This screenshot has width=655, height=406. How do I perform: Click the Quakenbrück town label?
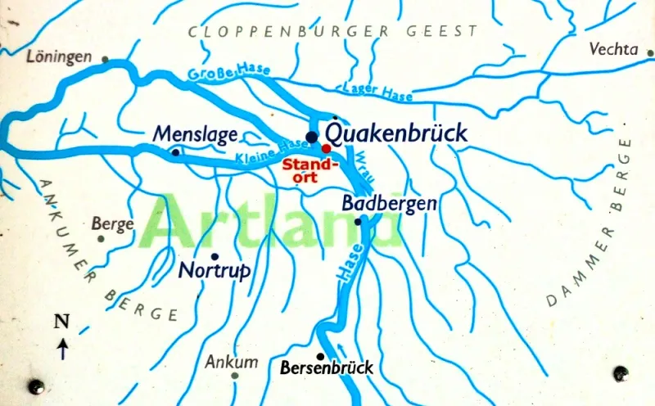[x=396, y=133]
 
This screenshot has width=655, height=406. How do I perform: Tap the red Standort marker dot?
[x=326, y=148]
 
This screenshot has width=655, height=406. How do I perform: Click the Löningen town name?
[x=58, y=58]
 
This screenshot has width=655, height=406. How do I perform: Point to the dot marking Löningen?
[x=105, y=59]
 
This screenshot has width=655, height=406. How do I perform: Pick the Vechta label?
[x=613, y=50]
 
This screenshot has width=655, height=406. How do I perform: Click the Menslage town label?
[x=196, y=133]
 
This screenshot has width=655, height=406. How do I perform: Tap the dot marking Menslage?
[x=175, y=151]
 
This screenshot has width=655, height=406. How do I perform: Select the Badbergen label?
[x=390, y=203]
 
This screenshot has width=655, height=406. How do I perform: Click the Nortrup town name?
[x=214, y=271]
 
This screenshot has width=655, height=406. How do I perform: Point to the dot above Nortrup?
[x=215, y=256]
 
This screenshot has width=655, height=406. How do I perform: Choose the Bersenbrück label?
[x=327, y=368]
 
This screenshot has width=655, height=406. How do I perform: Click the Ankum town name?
[x=232, y=361]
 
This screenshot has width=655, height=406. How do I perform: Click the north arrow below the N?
[x=62, y=350]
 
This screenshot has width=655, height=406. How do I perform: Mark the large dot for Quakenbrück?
[x=311, y=136]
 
